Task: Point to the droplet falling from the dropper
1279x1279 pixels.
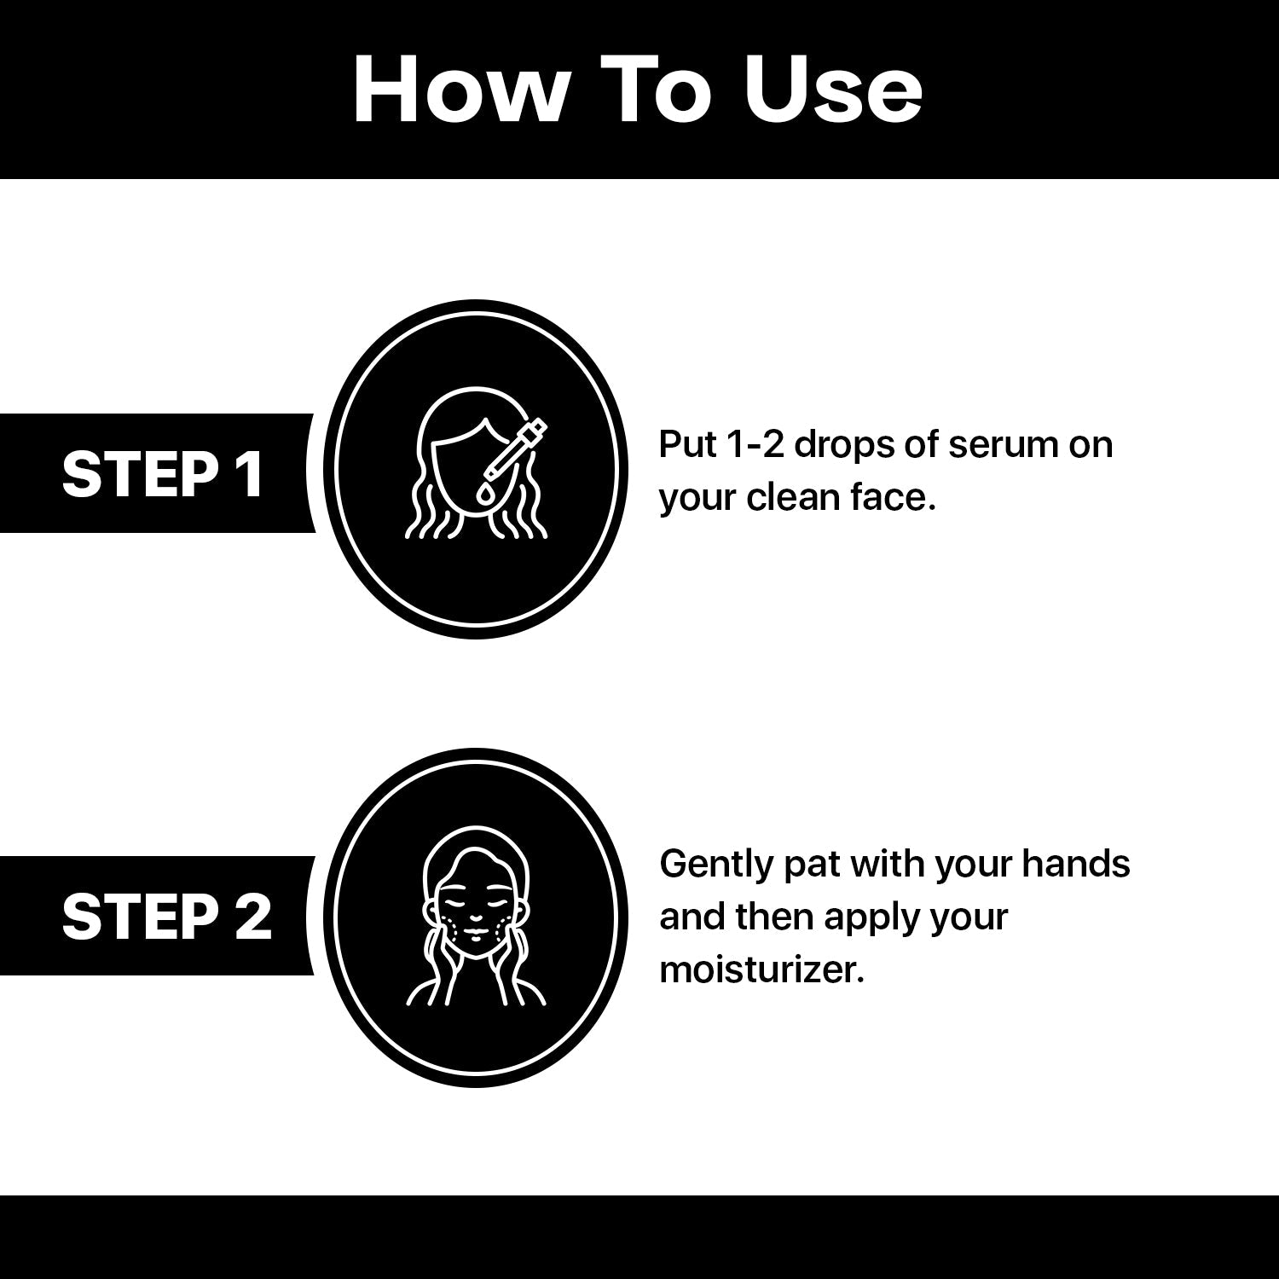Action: click(484, 492)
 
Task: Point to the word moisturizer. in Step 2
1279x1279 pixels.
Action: click(762, 969)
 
